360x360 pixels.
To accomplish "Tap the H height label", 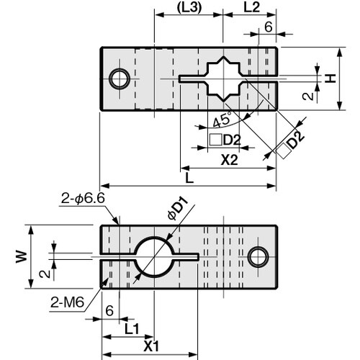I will (330, 78).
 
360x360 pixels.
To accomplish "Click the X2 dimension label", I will (229, 161).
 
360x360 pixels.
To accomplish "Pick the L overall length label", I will (188, 176).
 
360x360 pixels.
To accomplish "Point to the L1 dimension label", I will (130, 328).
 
